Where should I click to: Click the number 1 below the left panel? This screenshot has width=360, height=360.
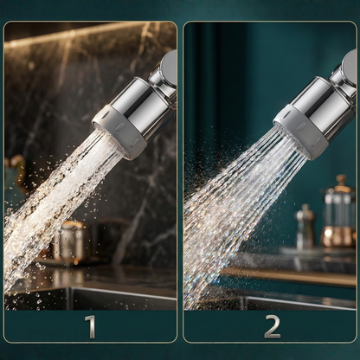click(90, 326)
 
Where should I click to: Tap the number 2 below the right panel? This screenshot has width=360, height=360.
click(272, 326)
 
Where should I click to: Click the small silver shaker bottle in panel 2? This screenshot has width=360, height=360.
click(305, 228)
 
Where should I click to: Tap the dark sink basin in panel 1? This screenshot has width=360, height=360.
click(95, 299)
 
